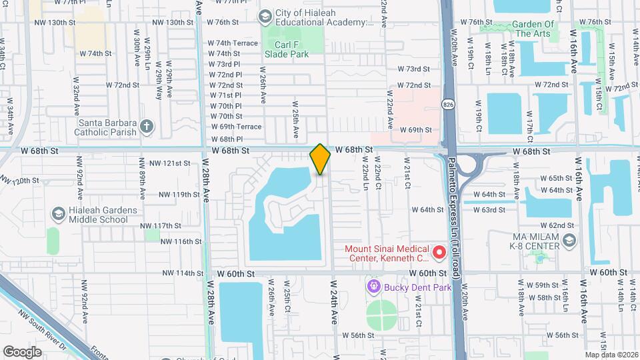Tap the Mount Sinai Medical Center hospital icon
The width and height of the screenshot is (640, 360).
[x=439, y=253]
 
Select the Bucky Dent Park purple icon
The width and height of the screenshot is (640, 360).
[x=373, y=287]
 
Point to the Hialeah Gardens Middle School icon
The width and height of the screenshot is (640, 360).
[x=58, y=214]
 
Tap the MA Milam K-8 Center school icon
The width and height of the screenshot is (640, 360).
[x=569, y=241]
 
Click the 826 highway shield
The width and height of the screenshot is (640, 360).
[x=450, y=105]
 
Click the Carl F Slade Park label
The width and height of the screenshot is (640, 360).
[x=287, y=49]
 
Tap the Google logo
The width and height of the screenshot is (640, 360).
[x=23, y=351]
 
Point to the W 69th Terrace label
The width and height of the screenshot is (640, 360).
[x=237, y=127]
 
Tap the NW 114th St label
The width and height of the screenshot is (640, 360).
[x=181, y=273]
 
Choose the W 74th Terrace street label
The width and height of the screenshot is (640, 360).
[x=233, y=43]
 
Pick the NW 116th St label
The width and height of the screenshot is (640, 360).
[x=181, y=241]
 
